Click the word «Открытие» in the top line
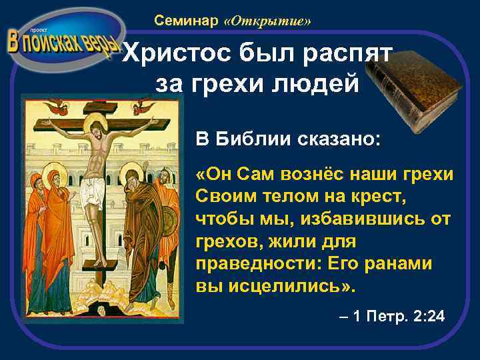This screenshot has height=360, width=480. pyautogui.click(x=268, y=21)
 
